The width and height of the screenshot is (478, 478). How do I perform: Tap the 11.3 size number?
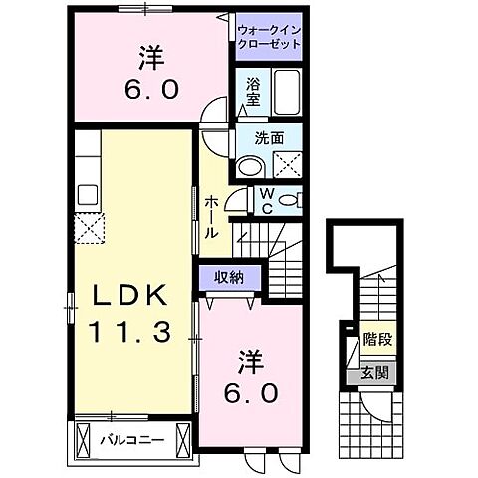tap(130, 331)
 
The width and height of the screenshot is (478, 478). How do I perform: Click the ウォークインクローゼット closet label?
tap(269, 37)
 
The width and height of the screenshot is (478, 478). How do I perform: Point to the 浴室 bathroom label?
tap(252, 93)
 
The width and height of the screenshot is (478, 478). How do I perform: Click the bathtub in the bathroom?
tap(290, 93)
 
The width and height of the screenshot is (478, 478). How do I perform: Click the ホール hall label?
tap(212, 216)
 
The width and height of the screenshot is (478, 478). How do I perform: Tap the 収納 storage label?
tap(230, 278)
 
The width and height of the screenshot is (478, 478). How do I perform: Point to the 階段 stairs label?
tap(377, 340)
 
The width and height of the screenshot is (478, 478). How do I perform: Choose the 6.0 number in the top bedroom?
tap(152, 88)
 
